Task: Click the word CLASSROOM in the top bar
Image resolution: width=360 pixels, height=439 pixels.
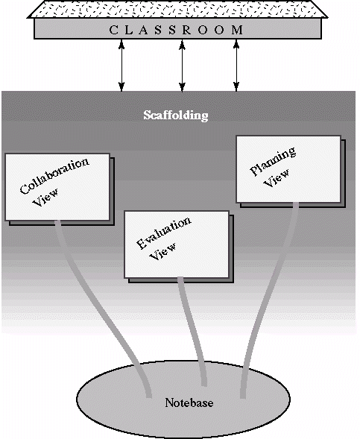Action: pos(176,30)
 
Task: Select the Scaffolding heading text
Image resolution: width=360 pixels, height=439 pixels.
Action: pos(176,115)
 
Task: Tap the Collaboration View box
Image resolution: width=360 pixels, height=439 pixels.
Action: pos(57,187)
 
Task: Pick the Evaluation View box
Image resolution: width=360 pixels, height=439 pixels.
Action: pos(177,244)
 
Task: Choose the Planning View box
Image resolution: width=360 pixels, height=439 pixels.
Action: pos(288,169)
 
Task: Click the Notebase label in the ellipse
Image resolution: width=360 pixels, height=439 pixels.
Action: pos(189,403)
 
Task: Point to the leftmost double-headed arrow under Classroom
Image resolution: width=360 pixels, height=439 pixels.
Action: pos(121,66)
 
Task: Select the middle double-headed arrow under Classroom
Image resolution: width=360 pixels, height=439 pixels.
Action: pos(183,66)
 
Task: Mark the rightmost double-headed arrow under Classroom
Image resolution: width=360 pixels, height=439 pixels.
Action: pos(236,66)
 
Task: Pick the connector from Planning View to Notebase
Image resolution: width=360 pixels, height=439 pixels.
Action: pos(268,297)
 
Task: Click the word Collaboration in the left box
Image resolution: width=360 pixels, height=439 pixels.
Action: pos(54,176)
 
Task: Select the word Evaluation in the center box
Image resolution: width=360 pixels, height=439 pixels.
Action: pos(164,233)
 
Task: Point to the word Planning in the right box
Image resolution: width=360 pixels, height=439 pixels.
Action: pos(272,161)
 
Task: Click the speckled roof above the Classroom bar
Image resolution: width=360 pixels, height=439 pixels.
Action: pos(177,9)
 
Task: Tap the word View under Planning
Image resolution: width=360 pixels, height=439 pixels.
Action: pos(277,178)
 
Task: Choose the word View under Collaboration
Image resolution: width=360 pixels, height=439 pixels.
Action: pos(46,198)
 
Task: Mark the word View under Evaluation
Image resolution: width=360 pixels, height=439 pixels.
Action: pos(163,251)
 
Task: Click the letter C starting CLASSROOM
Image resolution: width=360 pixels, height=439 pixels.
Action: pos(113,30)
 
